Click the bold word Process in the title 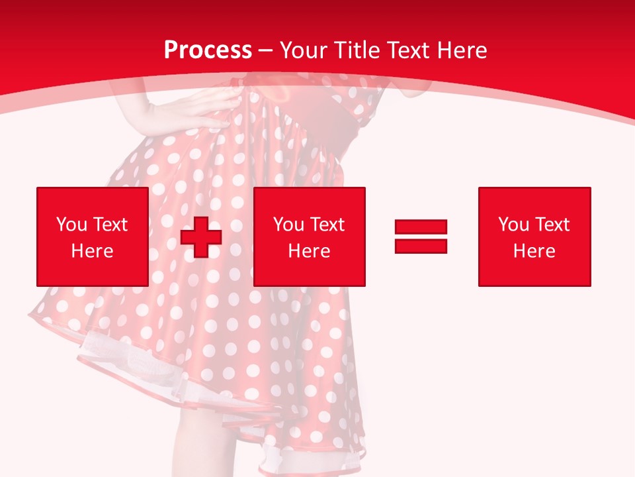tap(208, 50)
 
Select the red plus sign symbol tap(201, 237)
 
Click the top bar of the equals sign tap(421, 227)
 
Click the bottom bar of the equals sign tap(421, 246)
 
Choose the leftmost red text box tap(92, 237)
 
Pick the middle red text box tap(309, 237)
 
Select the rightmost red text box tap(534, 237)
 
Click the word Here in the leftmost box tap(92, 251)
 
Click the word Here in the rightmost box tap(534, 251)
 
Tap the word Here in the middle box tap(309, 251)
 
